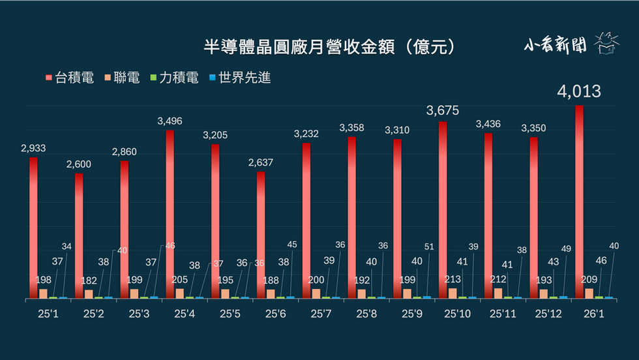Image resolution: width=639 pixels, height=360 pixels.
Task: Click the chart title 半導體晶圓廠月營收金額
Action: click(329, 47)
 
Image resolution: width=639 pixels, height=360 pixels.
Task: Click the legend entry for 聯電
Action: click(122, 78)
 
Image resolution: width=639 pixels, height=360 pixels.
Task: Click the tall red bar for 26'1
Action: click(579, 202)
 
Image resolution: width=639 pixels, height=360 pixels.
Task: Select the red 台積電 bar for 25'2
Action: click(79, 235)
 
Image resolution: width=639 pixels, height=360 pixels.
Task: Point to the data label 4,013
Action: click(579, 91)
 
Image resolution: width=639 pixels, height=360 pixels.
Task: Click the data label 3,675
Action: click(443, 110)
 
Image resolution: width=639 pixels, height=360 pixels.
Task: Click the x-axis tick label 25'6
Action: click(275, 313)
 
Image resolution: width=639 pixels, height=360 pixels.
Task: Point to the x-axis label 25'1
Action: click(48, 313)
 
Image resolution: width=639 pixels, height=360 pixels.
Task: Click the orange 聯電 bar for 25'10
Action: click(453, 293)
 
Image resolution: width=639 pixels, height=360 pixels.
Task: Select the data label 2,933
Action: click(33, 148)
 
